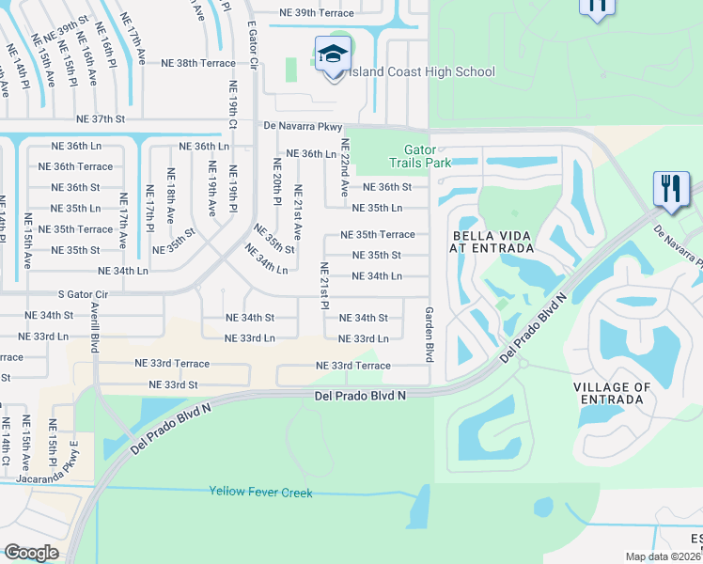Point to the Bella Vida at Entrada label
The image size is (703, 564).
493,242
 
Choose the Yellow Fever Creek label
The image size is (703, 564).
260,491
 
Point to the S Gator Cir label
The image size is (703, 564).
91,294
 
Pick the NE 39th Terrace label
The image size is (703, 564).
317,13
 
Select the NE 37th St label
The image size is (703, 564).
102,119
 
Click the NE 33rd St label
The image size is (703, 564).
173,384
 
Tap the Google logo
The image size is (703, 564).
31,553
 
